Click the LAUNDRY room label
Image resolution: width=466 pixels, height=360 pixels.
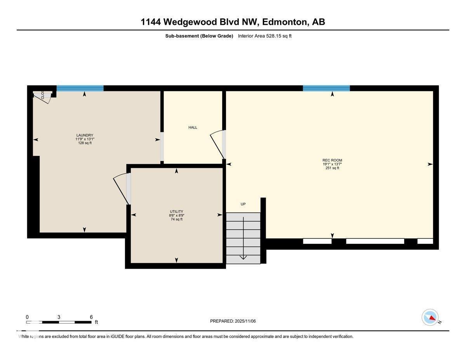pos(85,136)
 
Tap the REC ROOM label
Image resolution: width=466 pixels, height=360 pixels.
pos(332,160)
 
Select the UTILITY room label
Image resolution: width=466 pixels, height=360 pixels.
pos(176,212)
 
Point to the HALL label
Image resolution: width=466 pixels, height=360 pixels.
pos(193,127)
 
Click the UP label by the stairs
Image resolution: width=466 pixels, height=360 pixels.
pos(243,204)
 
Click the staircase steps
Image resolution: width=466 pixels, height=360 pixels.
pos(243,238)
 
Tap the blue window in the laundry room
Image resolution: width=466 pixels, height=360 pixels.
pos(80,89)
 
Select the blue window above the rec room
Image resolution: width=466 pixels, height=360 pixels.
pos(326,89)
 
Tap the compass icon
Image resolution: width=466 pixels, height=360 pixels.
pos(430,317)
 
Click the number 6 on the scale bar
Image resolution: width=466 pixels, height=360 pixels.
pos(91,317)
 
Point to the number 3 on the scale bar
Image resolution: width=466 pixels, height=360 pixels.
pos(59,317)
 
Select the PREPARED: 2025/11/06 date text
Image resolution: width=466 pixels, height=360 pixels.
pos(233,321)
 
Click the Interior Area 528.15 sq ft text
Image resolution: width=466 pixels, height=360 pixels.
pos(264,36)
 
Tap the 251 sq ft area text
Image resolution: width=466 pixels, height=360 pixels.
pos(332,168)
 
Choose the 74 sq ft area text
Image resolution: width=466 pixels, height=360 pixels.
pos(176,219)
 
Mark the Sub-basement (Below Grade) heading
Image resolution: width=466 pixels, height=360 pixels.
pos(199,36)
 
